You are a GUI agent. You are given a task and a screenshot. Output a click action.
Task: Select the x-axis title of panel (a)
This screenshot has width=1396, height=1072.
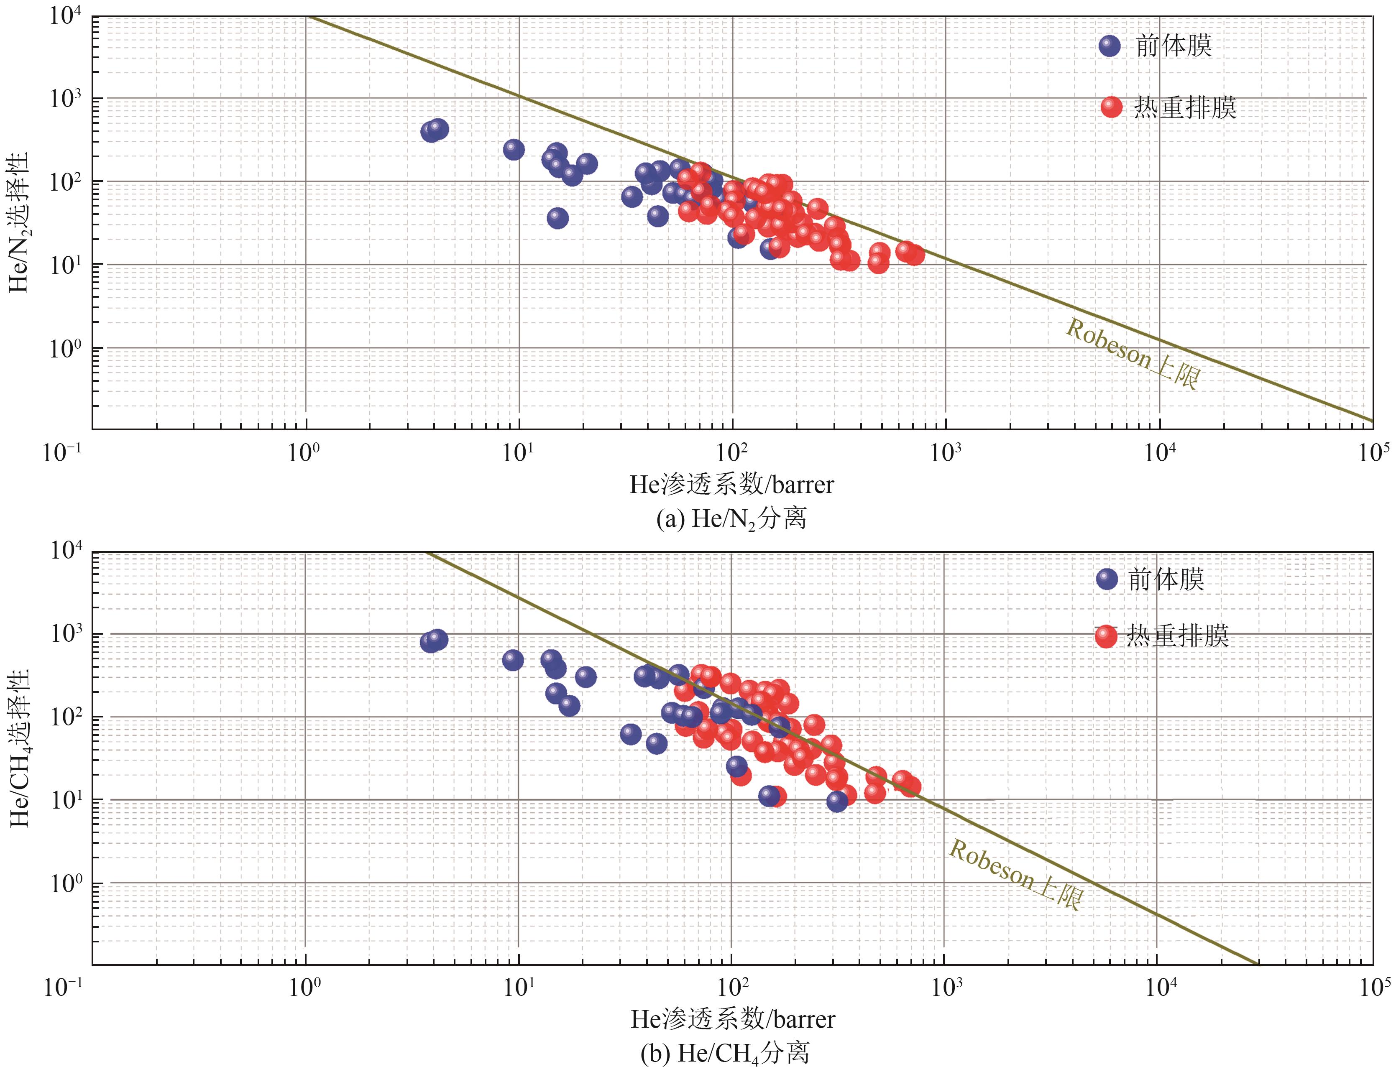(731, 485)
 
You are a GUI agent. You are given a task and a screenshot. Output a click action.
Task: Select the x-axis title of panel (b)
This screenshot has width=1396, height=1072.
(733, 1019)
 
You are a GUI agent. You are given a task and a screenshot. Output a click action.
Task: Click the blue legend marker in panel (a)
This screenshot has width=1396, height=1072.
(1110, 46)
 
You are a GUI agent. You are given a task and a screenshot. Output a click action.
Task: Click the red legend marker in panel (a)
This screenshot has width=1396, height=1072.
(1111, 107)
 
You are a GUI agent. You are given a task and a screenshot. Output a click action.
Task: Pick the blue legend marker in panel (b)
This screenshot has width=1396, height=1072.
(1107, 579)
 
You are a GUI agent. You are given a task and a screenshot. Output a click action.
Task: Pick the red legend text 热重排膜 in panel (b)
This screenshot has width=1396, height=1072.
(1178, 636)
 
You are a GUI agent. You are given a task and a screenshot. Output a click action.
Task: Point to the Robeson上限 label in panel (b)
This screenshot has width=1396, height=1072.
(1016, 874)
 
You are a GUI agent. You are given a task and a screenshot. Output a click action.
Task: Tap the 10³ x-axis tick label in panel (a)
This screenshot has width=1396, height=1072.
(945, 453)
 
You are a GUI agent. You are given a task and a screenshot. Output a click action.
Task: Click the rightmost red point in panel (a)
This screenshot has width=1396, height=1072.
(914, 255)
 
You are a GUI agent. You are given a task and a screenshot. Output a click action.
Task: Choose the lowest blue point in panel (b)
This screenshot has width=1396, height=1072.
(837, 801)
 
